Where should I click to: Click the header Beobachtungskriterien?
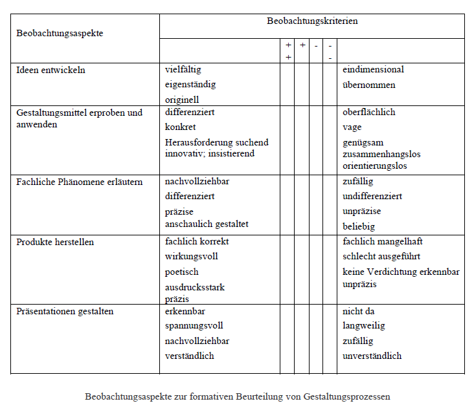click(x=312, y=21)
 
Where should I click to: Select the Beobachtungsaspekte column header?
click(x=60, y=33)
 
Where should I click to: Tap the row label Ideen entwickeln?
click(x=51, y=70)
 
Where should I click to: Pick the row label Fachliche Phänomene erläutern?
click(x=79, y=182)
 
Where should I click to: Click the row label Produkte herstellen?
click(x=55, y=242)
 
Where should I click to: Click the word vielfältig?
click(x=184, y=70)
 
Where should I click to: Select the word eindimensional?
click(x=373, y=70)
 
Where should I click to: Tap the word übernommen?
click(x=368, y=85)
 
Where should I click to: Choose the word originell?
click(x=181, y=100)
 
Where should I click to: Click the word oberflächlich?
click(x=368, y=113)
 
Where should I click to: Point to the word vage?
click(x=352, y=127)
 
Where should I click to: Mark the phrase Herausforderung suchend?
click(x=216, y=142)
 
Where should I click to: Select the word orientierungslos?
click(x=374, y=166)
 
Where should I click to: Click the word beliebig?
click(x=359, y=227)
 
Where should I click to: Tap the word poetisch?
click(x=181, y=272)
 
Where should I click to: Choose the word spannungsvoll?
click(x=194, y=326)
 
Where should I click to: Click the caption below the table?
click(x=237, y=396)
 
